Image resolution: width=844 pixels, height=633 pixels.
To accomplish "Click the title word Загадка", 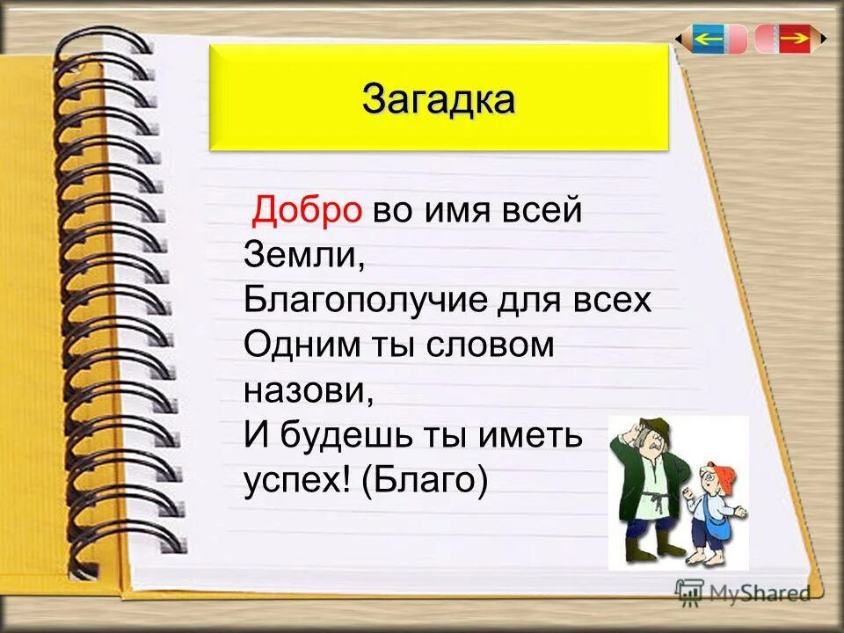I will pos(438,98).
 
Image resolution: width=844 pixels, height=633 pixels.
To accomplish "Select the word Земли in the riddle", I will pos(302,255).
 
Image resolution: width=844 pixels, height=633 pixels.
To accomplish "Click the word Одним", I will pos(297,345).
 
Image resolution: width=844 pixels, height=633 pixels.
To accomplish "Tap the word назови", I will pos(307,389).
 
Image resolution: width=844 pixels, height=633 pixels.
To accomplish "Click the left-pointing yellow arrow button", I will pos(709,39).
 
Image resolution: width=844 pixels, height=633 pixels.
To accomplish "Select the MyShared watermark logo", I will pos(742,593).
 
